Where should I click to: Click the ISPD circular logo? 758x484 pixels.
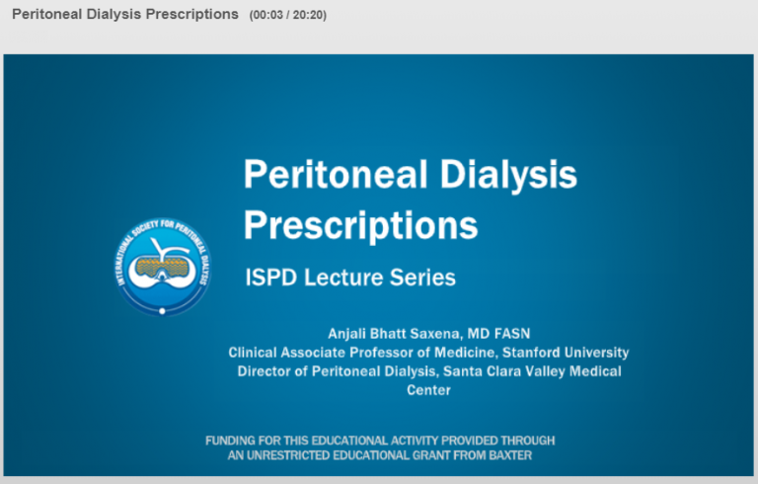coord(163,267)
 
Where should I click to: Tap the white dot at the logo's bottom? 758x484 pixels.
coord(163,311)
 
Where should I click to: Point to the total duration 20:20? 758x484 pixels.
coord(308,15)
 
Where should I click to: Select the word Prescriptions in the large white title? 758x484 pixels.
coord(360,225)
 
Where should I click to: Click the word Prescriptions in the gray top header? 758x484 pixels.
coord(191,15)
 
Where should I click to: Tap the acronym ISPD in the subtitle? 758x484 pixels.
coord(270,278)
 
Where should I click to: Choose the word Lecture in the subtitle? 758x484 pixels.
coord(343,278)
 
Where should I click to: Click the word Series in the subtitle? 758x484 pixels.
coord(422,278)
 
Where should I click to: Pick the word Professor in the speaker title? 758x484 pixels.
coord(381,353)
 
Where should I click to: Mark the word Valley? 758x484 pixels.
coord(545,371)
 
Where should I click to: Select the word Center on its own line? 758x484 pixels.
coord(428,390)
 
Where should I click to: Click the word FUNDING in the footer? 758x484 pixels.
coord(230,441)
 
